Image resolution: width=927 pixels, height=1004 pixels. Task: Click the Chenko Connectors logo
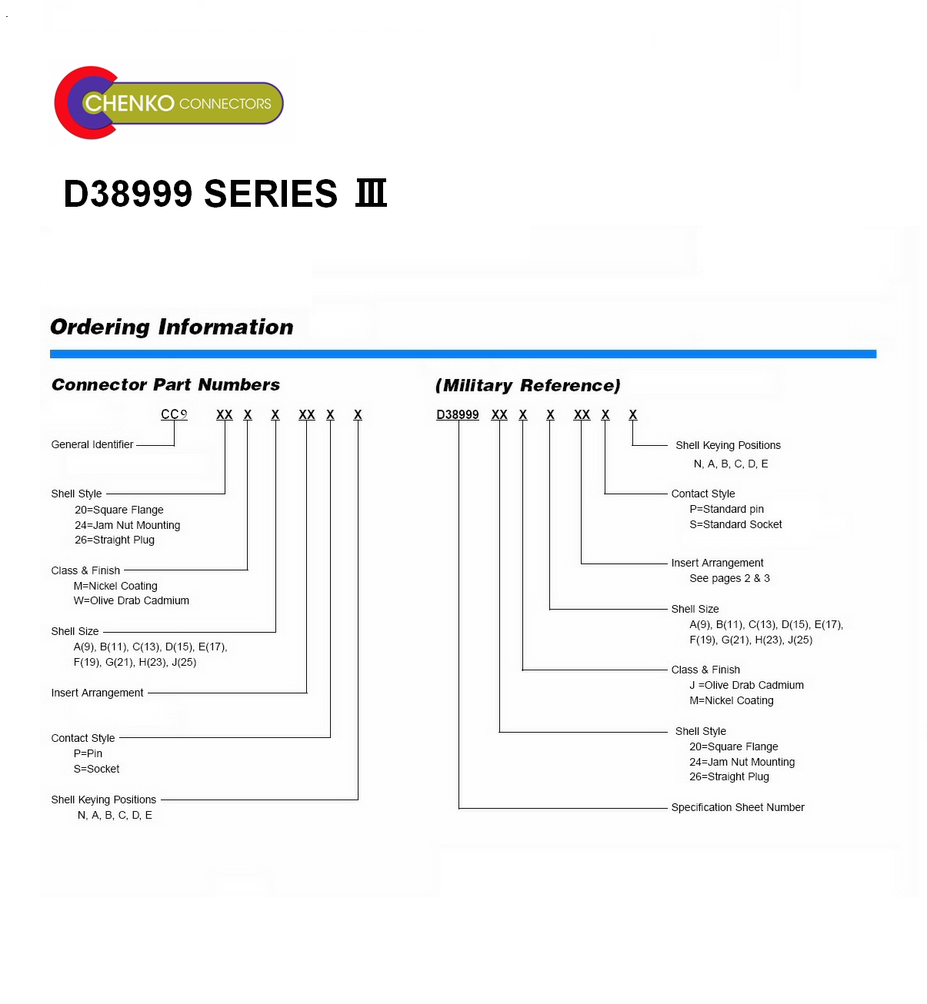point(168,102)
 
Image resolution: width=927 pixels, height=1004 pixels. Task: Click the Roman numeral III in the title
point(371,193)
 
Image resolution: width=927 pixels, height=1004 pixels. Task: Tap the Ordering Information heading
point(172,327)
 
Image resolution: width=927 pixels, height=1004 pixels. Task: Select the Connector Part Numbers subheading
point(165,384)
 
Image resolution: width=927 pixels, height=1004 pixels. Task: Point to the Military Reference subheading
point(528,385)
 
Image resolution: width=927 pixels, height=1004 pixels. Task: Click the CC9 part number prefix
point(174,414)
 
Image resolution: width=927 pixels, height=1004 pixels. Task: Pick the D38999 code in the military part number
point(458,414)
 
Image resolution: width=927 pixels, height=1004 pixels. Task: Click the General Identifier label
point(92,444)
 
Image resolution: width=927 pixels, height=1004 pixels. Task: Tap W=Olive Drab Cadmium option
point(131,600)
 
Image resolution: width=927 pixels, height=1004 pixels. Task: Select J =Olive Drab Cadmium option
point(746,685)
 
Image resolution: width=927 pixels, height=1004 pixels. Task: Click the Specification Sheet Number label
point(738,807)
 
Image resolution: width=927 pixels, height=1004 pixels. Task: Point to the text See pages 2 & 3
point(729,578)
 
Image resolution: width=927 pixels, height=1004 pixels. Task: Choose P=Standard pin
point(727,509)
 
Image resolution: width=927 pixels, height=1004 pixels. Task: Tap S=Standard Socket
point(735,524)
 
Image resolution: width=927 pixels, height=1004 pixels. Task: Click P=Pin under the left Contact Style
point(88,753)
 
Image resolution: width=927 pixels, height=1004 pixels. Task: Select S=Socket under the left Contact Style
point(97,769)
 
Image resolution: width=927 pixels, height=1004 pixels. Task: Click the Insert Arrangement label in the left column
point(97,693)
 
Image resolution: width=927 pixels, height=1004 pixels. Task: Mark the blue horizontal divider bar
point(463,354)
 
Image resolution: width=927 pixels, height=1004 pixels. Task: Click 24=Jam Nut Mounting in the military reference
point(742,762)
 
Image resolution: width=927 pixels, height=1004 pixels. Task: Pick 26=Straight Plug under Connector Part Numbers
point(115,540)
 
